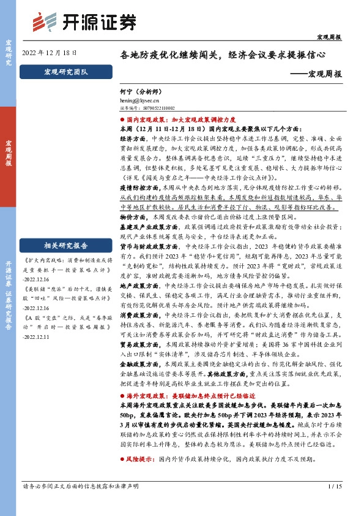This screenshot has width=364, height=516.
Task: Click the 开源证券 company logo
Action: [85, 22]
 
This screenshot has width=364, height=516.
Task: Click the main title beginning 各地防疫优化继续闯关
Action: [229, 54]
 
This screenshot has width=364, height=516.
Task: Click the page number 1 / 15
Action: [333, 503]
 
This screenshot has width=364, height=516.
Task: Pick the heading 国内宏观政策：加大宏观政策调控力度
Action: [188, 121]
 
